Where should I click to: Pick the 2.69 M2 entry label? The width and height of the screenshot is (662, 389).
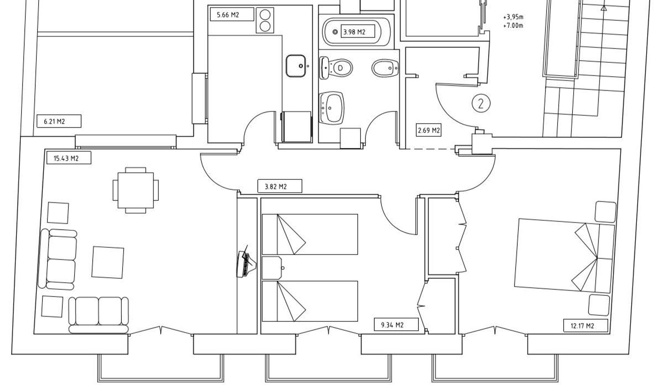[429, 130]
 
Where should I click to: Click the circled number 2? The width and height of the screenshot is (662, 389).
[481, 103]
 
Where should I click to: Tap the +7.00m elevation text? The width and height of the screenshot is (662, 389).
[513, 26]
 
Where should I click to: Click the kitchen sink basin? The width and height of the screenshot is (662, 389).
[296, 66]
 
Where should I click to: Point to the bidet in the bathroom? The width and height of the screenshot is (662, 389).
[385, 68]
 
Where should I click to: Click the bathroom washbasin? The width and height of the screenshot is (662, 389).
[331, 108]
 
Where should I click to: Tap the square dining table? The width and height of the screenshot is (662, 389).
[135, 190]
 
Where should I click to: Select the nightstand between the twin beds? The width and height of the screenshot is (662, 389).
[272, 268]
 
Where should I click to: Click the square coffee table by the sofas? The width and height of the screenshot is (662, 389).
[108, 262]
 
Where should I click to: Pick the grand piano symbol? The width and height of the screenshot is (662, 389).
[246, 261]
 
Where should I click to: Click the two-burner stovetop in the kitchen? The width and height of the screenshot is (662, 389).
[265, 20]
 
